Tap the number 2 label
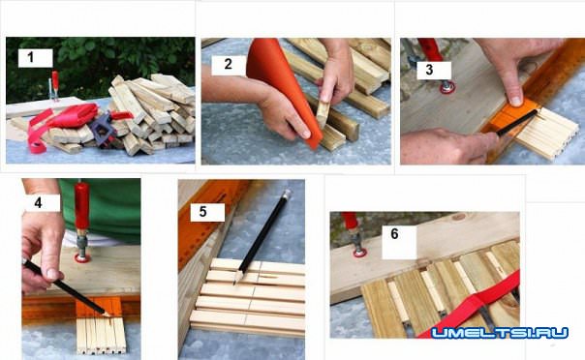click(229, 65)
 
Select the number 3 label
click(430, 70)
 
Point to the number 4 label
click(39, 203)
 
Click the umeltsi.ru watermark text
click(500, 333)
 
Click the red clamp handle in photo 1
click(55, 81)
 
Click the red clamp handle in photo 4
click(81, 206)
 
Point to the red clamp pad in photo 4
click(81, 257)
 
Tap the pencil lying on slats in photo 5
click(262, 237)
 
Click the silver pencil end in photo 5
click(288, 194)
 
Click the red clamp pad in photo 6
click(359, 253)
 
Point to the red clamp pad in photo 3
click(446, 88)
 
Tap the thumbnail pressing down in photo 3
click(515, 100)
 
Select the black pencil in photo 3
click(517, 123)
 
